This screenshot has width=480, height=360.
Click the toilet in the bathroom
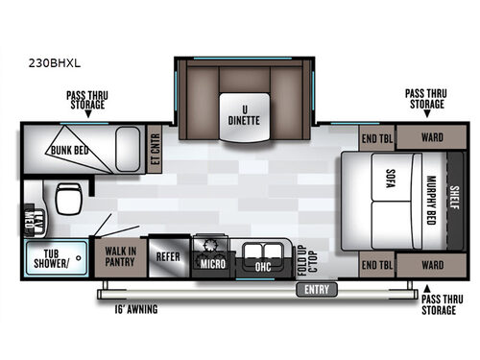(66, 200)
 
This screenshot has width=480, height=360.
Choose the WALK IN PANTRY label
(121, 255)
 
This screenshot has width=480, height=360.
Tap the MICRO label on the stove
(213, 263)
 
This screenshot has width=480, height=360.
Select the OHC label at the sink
(261, 263)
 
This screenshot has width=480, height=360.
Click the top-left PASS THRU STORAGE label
(87, 101)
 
